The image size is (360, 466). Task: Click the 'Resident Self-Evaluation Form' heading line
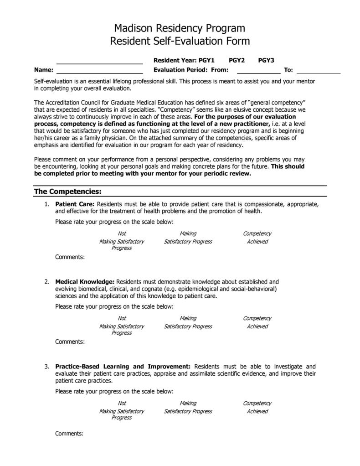[180, 41]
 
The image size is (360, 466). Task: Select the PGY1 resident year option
[206, 60]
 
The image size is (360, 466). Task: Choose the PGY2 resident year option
[237, 60]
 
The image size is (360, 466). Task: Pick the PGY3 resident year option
[266, 60]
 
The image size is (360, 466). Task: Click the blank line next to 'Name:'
[99, 70]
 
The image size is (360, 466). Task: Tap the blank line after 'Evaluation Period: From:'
[258, 70]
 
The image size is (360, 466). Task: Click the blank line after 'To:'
[319, 70]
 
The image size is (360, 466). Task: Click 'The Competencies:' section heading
[67, 191]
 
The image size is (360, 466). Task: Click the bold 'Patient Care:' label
[75, 204]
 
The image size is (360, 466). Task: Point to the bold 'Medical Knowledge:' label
[84, 282]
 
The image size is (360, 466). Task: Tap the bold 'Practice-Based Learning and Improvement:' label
[123, 366]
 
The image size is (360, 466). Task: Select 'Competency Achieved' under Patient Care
[257, 238]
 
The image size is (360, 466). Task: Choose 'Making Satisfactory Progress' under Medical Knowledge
[188, 322]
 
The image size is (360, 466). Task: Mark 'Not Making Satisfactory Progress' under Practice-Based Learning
[122, 410]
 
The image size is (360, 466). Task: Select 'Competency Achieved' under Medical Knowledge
[257, 322]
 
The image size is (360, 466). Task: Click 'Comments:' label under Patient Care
[70, 257]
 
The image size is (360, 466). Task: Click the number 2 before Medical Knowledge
[46, 282]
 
